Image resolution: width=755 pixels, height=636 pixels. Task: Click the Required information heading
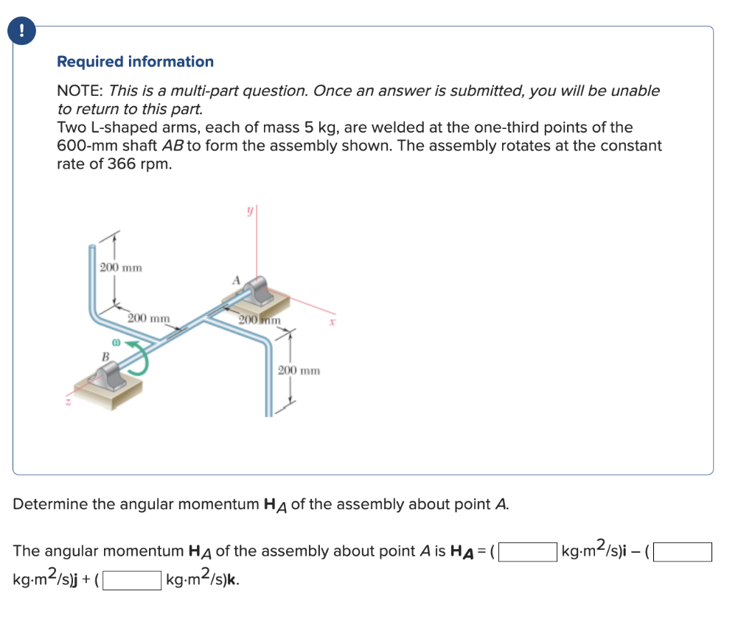pos(135,62)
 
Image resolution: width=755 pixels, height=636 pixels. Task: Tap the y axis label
pos(249,211)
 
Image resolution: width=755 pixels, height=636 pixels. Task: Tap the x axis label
pos(333,322)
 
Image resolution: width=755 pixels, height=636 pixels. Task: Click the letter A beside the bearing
pos(237,280)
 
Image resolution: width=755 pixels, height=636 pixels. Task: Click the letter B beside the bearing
pos(105,357)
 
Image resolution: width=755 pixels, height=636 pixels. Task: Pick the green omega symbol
pos(115,343)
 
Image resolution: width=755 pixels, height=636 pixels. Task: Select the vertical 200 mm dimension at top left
pos(121,267)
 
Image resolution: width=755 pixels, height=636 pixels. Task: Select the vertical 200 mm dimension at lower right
pos(299,370)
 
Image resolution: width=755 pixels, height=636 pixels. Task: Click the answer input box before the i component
pos(528,551)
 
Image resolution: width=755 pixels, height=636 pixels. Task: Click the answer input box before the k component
pos(132,581)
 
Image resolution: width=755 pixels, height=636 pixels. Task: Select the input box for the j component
pos(683,551)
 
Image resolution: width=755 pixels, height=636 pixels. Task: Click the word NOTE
pos(79,91)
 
